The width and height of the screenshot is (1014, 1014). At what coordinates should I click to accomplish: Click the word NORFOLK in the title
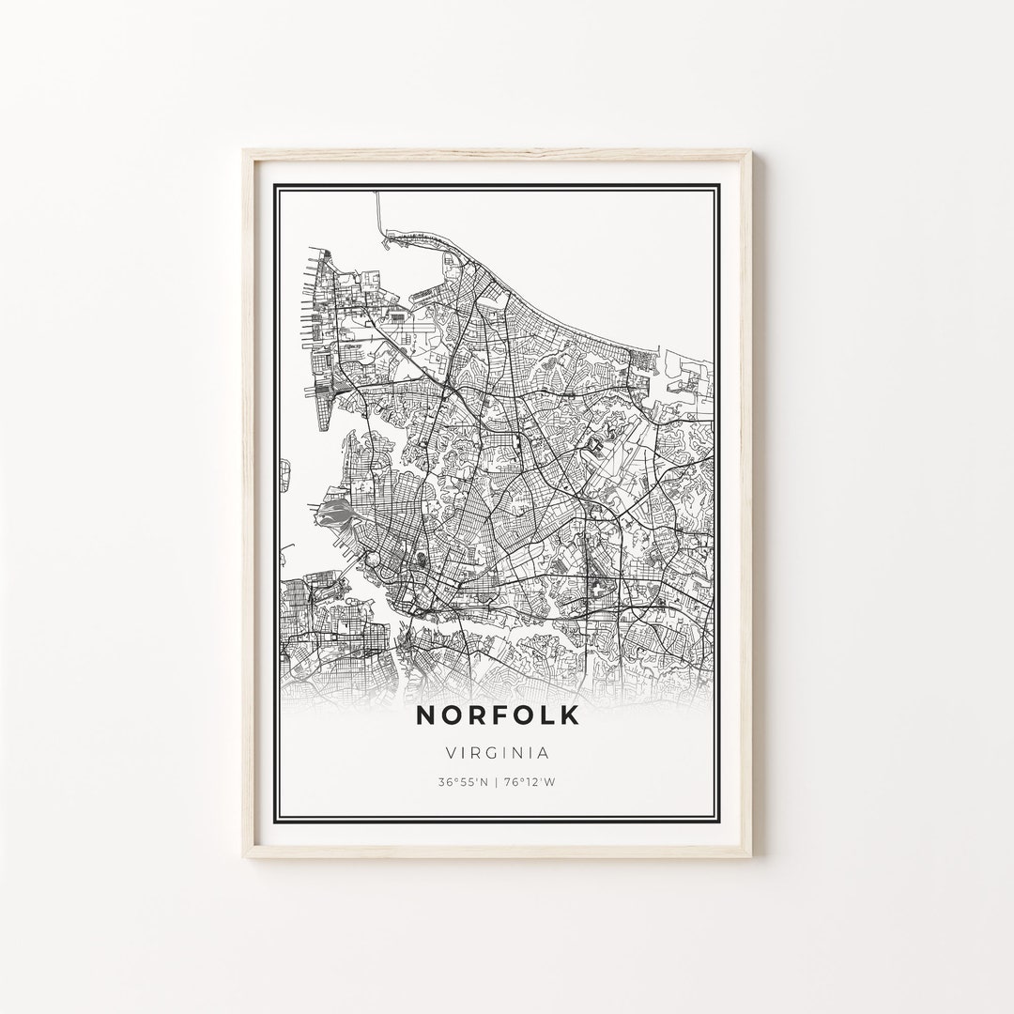pyautogui.click(x=498, y=715)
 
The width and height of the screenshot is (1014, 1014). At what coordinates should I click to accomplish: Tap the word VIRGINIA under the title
pyautogui.click(x=498, y=752)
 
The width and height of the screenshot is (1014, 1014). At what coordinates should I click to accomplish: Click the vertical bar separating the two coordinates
pyautogui.click(x=498, y=781)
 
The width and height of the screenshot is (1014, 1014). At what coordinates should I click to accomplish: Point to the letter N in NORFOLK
pyautogui.click(x=425, y=715)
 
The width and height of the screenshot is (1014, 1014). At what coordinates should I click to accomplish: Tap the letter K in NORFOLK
pyautogui.click(x=570, y=715)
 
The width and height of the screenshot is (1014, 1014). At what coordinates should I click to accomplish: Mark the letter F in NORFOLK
pyautogui.click(x=498, y=715)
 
